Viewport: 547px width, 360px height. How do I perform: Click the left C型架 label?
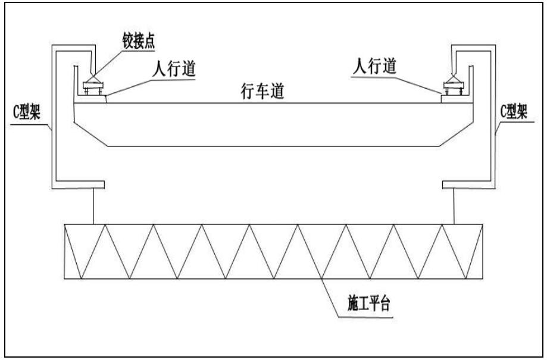tap(26, 114)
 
